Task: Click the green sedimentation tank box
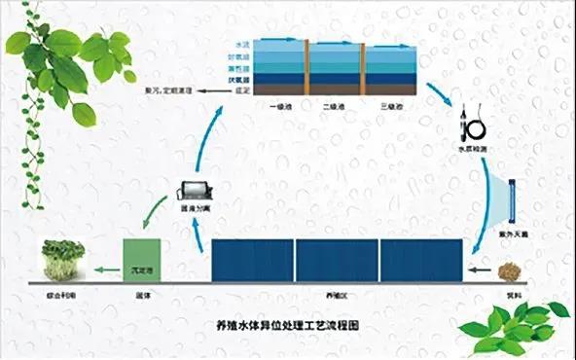(x=137, y=262)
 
